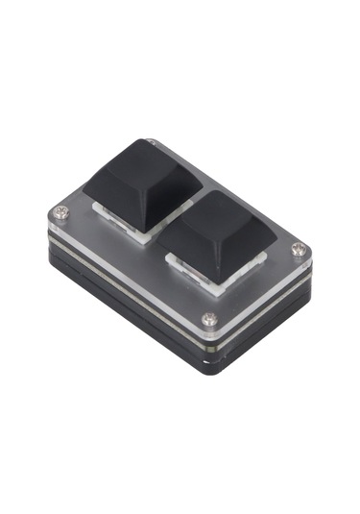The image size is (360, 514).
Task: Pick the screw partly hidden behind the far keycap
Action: [151, 144]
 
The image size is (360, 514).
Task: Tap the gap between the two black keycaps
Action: [175, 217]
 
